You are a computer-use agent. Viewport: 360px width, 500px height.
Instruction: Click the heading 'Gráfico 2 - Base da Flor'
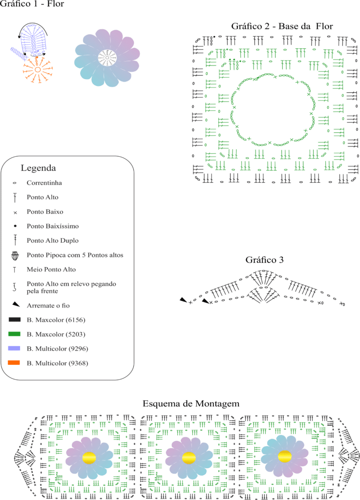pos(282,26)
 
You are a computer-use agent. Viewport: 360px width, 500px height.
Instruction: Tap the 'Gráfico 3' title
pos(264,260)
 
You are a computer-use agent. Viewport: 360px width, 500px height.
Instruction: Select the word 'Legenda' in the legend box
pos(38,168)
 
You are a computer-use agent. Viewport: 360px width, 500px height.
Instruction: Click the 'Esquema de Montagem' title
pos(191,404)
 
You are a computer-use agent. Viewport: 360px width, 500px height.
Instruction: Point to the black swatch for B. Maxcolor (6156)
pos(14,319)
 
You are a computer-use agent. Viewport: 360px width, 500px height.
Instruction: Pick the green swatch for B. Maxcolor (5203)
pos(14,334)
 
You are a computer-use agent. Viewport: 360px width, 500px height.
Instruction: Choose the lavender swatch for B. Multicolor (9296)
pos(14,348)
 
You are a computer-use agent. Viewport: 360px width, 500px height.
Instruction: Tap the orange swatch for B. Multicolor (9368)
pos(14,363)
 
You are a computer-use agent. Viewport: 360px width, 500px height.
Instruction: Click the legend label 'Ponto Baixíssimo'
pos(53,226)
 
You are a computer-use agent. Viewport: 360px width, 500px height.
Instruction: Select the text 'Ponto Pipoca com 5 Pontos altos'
pos(75,255)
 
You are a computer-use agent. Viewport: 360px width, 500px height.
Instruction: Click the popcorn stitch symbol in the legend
pos(15,255)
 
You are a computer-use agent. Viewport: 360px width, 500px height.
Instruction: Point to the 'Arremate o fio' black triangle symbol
pos(16,305)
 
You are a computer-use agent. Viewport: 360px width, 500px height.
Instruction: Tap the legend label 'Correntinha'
pos(44,183)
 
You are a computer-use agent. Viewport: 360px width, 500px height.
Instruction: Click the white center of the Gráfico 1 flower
pos(107,58)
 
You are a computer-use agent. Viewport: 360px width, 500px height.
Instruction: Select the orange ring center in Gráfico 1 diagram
pos(37,70)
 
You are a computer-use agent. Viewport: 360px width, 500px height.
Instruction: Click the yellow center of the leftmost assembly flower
pos(89,458)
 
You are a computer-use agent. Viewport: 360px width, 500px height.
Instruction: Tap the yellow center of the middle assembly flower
pos(189,458)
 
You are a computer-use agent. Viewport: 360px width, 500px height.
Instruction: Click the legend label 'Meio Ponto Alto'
pos(51,270)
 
